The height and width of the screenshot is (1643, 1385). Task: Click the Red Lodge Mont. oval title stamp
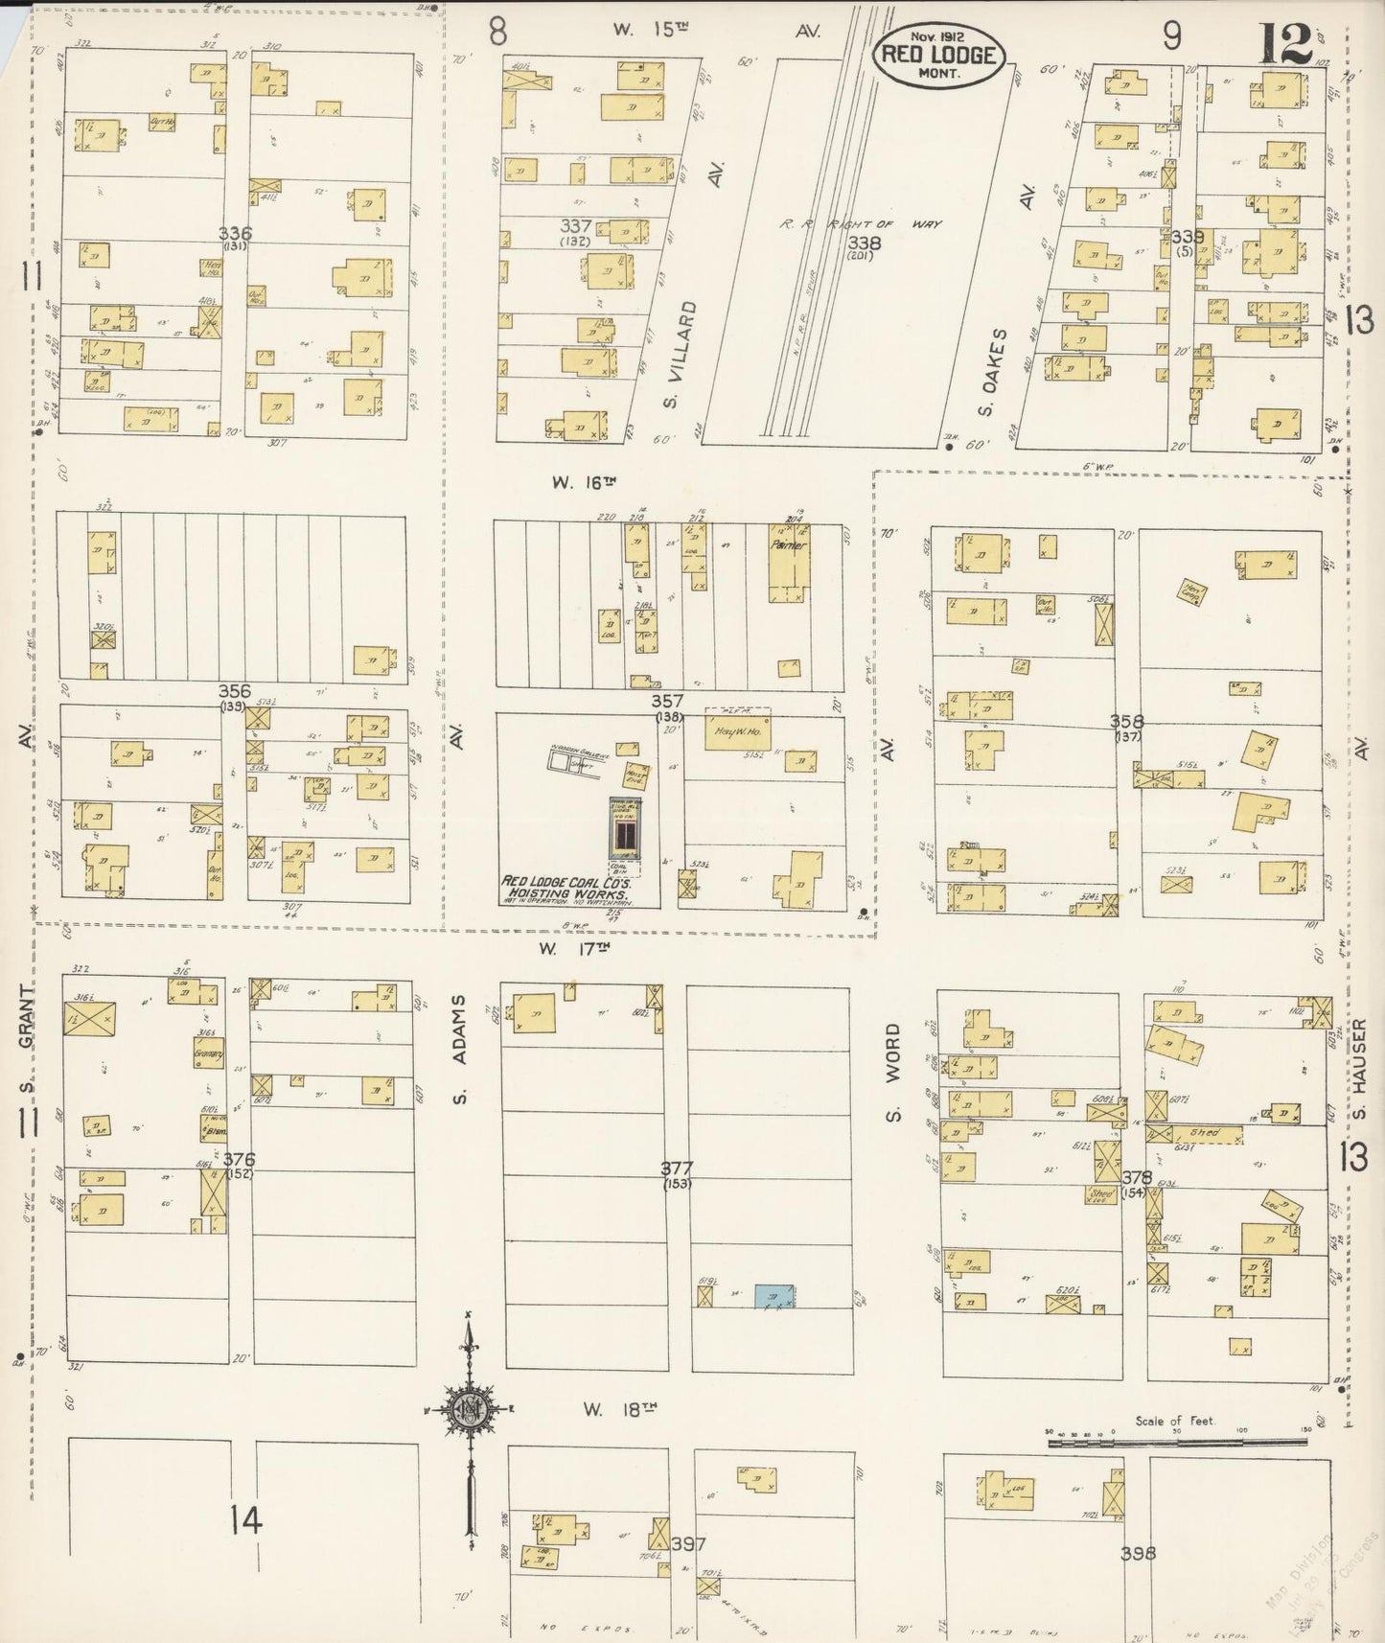click(x=938, y=55)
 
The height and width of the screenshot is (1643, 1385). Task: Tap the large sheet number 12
click(x=1285, y=43)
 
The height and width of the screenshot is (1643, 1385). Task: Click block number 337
click(x=576, y=226)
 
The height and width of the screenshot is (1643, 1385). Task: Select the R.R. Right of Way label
click(x=859, y=223)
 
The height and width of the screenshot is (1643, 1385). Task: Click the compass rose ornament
click(x=469, y=1408)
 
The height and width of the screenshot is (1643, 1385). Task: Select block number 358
click(x=1126, y=720)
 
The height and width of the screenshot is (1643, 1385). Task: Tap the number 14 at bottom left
click(x=245, y=1518)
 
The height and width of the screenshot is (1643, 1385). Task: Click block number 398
click(x=1138, y=1553)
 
